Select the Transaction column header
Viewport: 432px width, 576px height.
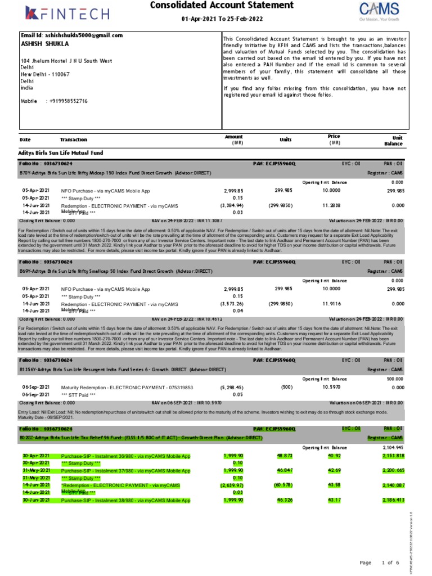coord(73,139)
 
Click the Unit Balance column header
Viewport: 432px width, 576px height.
coord(393,141)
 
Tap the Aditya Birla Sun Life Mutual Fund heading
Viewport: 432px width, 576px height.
coord(61,152)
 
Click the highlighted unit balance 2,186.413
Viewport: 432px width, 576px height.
coord(393,499)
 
